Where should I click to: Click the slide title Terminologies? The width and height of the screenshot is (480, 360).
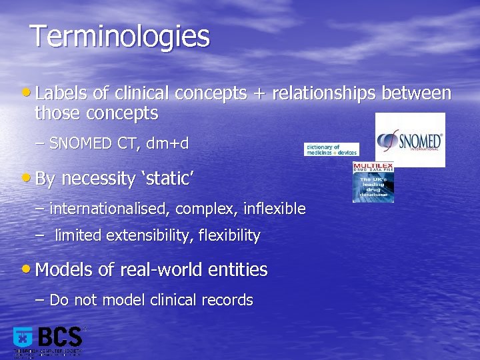tap(120, 37)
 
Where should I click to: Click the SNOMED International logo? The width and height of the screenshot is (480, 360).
tap(410, 140)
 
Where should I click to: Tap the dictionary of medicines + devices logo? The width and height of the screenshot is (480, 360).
tap(331, 149)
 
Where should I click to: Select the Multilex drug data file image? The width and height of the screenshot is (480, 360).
tap(373, 182)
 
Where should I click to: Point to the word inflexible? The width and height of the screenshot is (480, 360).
tap(274, 209)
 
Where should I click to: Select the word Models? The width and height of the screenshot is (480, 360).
tap(64, 270)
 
